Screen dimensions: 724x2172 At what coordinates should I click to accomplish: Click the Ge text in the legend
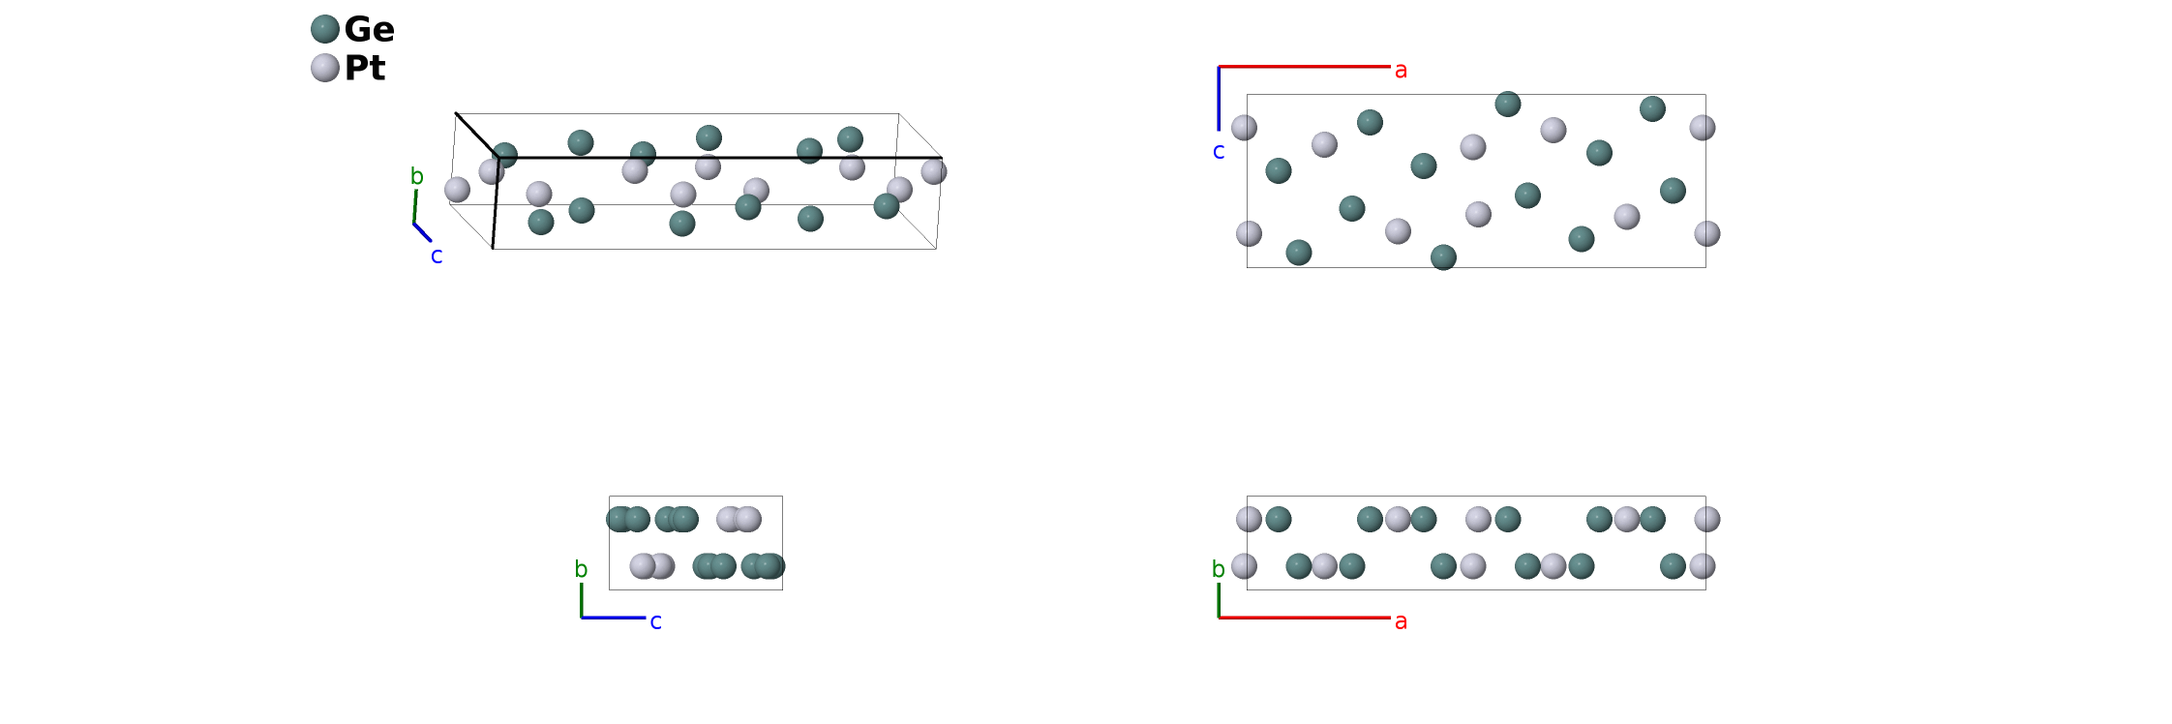point(369,29)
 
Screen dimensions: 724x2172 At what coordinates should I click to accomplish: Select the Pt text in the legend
point(365,68)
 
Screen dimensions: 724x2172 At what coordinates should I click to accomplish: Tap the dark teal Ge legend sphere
point(325,29)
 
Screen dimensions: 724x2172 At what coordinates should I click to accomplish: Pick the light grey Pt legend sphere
point(325,68)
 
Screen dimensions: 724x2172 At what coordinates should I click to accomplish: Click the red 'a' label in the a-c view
point(1401,70)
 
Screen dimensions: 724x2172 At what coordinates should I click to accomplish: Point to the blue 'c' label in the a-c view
point(1219,152)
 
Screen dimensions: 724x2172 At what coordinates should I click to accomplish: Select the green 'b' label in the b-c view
point(581,569)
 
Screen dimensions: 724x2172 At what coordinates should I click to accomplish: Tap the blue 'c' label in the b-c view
point(655,621)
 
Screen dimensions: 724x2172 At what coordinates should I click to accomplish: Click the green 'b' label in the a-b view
point(1219,569)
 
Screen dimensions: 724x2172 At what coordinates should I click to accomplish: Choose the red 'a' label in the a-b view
point(1401,621)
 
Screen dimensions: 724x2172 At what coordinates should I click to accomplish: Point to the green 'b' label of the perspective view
point(417,176)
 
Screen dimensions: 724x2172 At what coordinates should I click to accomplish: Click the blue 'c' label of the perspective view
point(437,256)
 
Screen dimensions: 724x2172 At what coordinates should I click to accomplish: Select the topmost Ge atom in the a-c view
point(1508,104)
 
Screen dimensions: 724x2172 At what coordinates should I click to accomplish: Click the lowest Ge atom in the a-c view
point(1443,257)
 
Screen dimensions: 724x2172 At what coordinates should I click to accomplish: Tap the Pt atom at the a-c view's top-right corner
point(1703,128)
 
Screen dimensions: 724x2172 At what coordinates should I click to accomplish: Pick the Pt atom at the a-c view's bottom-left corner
point(1249,233)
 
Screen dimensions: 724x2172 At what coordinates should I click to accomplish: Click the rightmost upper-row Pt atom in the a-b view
point(1707,520)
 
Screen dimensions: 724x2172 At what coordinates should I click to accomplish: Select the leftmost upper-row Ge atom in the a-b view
point(1279,520)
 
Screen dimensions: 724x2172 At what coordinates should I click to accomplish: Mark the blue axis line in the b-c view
point(614,618)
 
